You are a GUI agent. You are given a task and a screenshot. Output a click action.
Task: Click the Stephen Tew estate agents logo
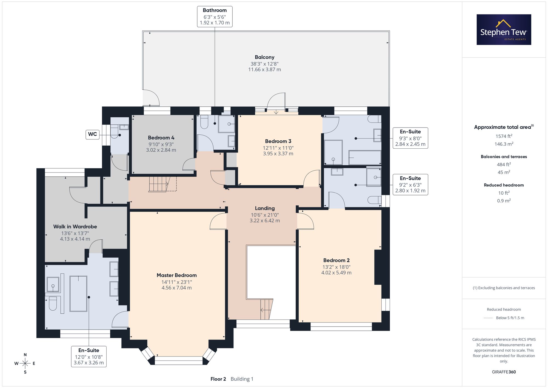(x=504, y=30)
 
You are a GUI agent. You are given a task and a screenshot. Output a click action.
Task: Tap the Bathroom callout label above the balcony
(x=215, y=17)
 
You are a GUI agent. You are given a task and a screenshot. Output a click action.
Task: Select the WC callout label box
(x=93, y=134)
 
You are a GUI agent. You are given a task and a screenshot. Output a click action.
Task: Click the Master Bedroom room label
(x=177, y=275)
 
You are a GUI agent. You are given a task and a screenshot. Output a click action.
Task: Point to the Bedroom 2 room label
(x=336, y=260)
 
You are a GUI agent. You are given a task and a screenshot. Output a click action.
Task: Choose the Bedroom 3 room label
(x=278, y=141)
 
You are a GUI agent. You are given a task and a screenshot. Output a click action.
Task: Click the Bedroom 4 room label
(x=161, y=138)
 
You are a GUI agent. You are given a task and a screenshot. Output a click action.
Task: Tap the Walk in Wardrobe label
(x=75, y=226)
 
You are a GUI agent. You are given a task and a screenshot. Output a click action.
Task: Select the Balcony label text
(x=265, y=57)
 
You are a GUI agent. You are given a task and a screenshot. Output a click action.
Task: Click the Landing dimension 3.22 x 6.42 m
(x=265, y=221)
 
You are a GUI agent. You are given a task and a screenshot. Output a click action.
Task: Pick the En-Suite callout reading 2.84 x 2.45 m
(x=410, y=138)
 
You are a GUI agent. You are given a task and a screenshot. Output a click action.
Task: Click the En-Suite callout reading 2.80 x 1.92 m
(x=410, y=185)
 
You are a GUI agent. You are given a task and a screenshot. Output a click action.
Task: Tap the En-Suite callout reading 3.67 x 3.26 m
(x=89, y=356)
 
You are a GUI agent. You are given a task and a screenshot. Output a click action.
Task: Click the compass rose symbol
(x=25, y=364)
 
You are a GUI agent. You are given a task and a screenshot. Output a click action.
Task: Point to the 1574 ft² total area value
(x=504, y=136)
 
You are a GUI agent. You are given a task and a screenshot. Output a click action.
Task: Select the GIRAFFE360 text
(x=504, y=372)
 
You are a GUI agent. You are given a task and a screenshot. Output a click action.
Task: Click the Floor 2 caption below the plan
(x=218, y=379)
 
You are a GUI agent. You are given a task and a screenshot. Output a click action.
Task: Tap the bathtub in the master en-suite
(x=78, y=294)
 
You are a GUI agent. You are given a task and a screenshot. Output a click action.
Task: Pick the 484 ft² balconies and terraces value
(x=504, y=165)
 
